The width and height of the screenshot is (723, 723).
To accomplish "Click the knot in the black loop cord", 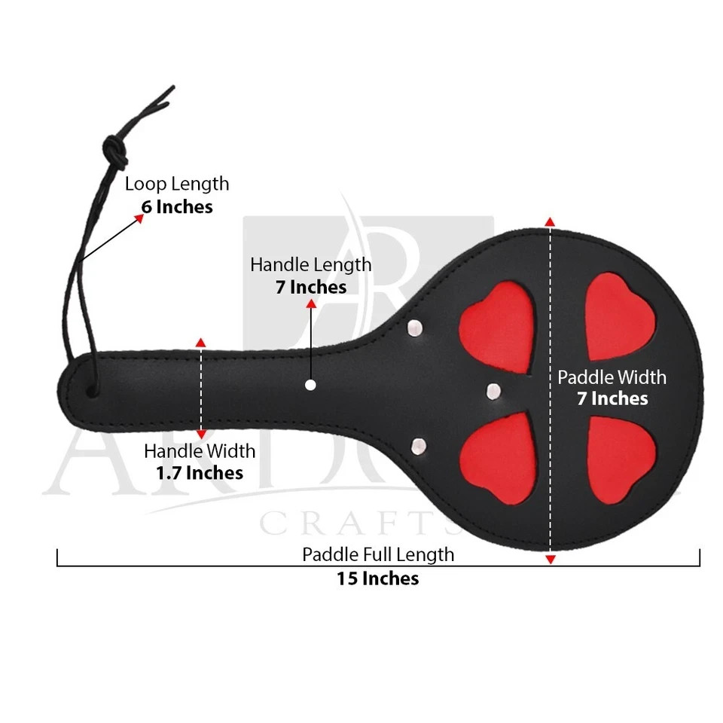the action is coord(114,151).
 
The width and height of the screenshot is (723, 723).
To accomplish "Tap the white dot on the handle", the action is coord(311,385).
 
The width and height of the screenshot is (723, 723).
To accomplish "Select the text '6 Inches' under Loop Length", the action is coord(177,207).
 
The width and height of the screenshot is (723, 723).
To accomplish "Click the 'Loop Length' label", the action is coord(177,184).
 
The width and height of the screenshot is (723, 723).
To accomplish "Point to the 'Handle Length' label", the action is coord(311,264).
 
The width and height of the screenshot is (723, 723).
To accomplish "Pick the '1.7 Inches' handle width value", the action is coord(200,473).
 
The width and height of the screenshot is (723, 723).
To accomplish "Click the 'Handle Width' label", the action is coord(200,451).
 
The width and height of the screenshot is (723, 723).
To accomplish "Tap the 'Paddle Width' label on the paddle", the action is coord(612,377).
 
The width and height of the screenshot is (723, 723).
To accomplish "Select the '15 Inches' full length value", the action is coord(377,578).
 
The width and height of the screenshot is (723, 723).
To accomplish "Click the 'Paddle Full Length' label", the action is coord(378,555).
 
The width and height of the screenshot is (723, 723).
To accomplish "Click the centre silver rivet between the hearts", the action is coord(493,392).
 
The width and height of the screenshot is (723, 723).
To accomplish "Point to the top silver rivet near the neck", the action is coord(415,328).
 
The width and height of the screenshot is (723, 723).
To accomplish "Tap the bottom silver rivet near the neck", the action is coord(419,447).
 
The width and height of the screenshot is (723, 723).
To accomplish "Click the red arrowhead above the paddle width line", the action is coord(550,221).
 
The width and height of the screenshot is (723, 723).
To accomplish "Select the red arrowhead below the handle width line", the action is coord(201,434).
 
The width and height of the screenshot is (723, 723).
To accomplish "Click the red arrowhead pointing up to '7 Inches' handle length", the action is coord(311,304).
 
